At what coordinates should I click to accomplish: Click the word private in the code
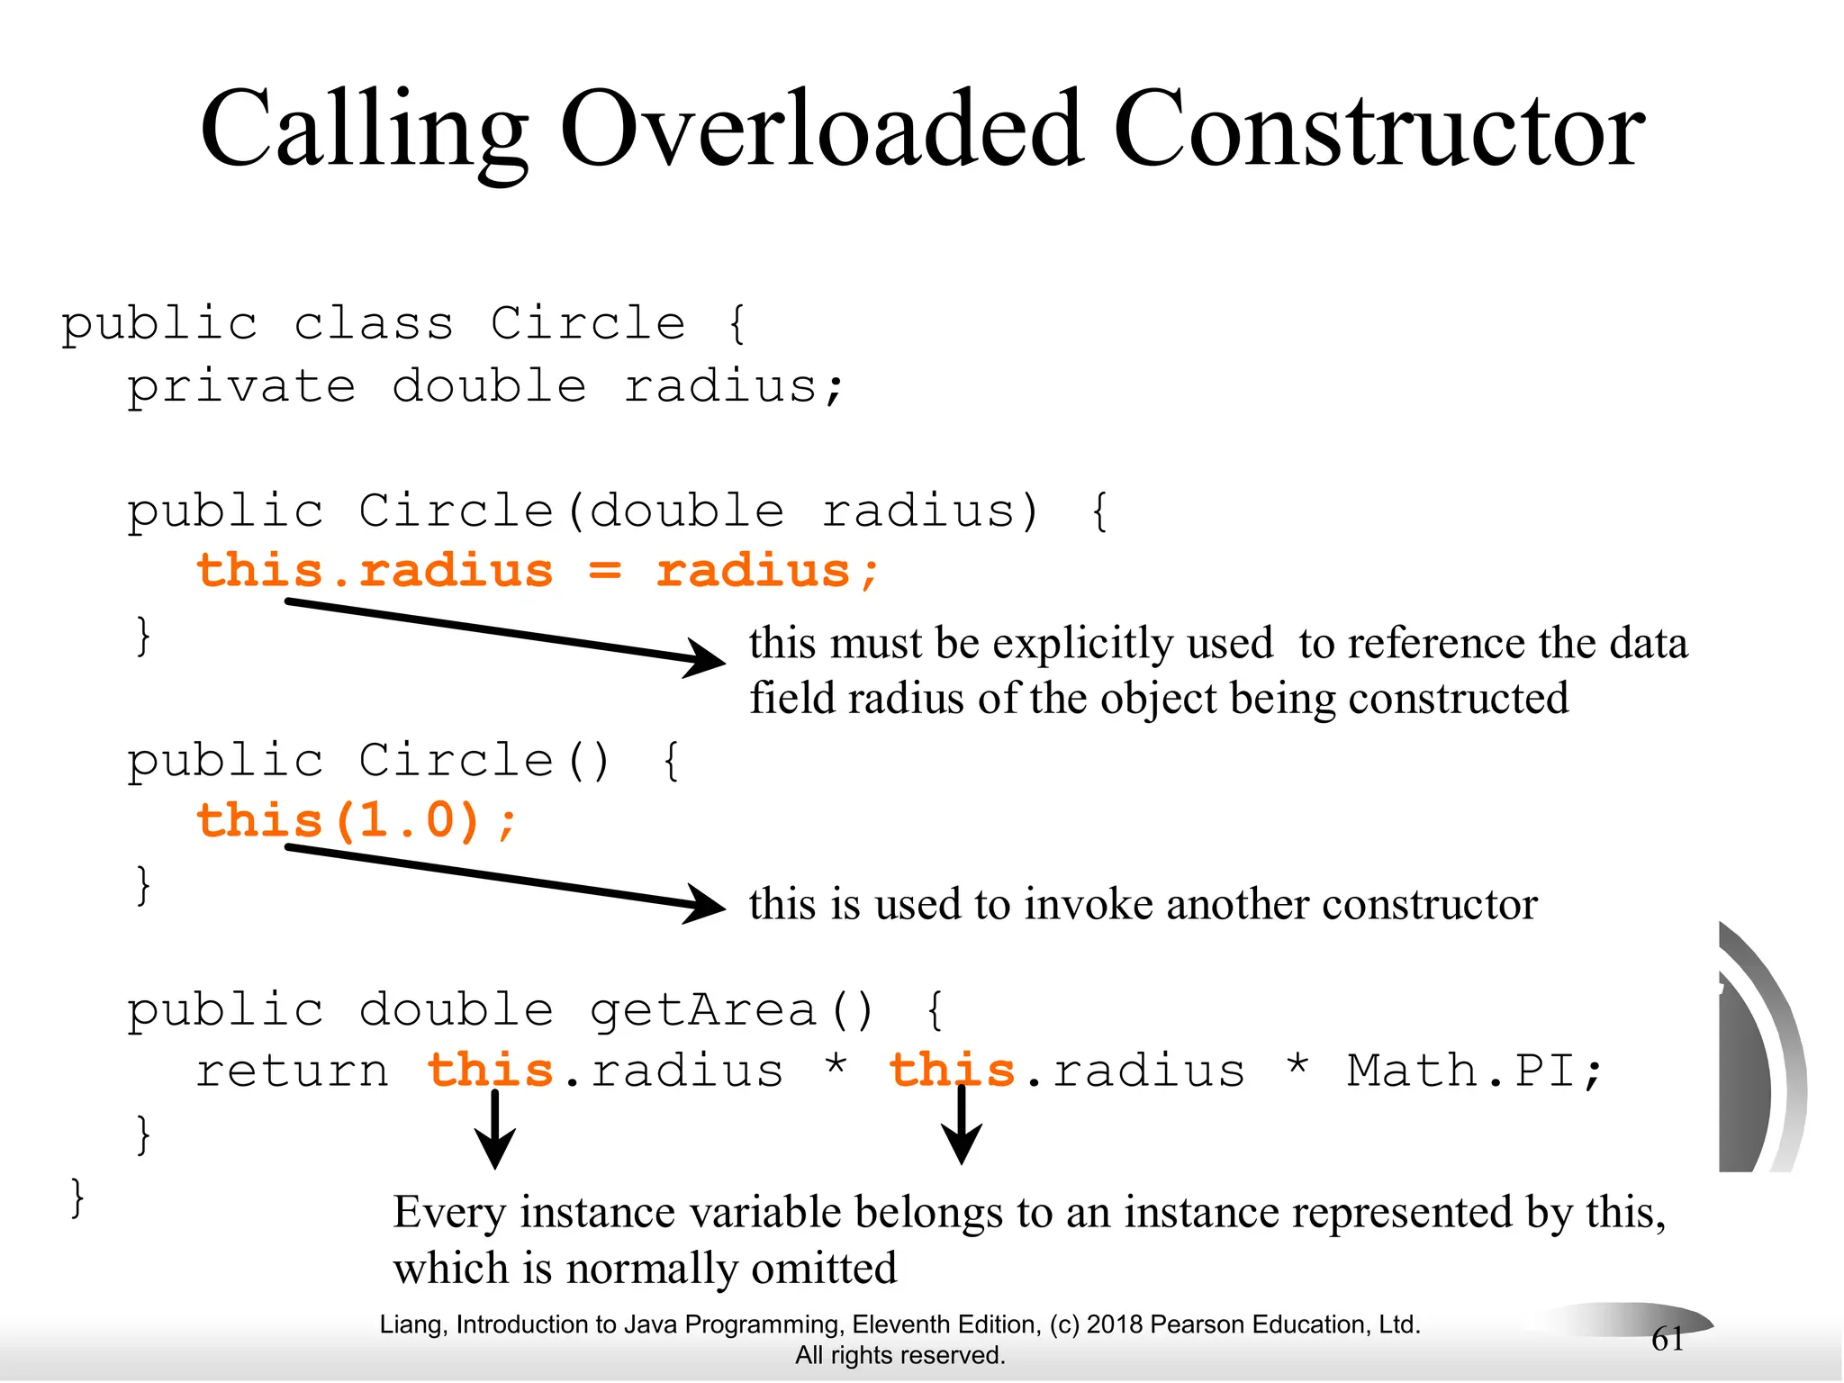[241, 386]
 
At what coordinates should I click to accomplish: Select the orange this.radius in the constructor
[375, 571]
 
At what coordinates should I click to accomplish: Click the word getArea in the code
[702, 1009]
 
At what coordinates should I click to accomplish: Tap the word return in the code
[293, 1071]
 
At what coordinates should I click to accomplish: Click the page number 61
[1668, 1339]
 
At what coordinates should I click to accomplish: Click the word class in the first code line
[374, 323]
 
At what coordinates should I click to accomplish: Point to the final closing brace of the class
[77, 1198]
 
